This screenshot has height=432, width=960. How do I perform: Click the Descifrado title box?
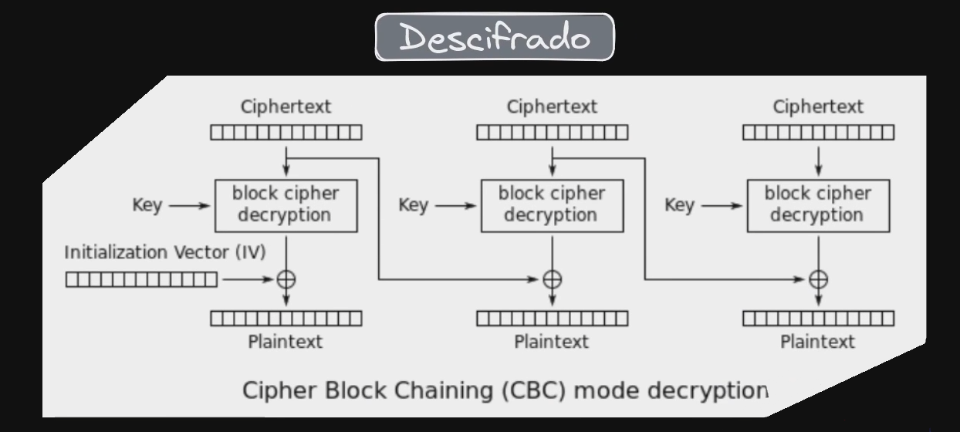click(x=495, y=37)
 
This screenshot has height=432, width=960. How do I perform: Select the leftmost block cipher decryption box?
click(x=286, y=205)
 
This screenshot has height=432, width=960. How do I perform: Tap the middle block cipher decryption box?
click(x=552, y=205)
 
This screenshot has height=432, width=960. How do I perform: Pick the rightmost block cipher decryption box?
click(x=818, y=205)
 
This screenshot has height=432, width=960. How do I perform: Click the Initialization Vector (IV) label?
click(x=165, y=253)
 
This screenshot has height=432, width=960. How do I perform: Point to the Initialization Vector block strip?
click(x=141, y=279)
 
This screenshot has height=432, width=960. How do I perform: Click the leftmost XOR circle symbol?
click(x=286, y=279)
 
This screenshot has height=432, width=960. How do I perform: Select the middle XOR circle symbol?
click(x=553, y=279)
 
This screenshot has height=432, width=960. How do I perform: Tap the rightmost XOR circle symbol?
click(x=819, y=279)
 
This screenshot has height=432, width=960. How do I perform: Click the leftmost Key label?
click(x=147, y=206)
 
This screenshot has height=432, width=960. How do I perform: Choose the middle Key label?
click(x=414, y=206)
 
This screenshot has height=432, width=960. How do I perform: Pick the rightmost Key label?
click(x=680, y=206)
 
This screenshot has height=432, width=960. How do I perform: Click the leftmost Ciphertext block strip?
click(x=286, y=133)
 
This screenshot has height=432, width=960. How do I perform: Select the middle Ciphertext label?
click(x=552, y=106)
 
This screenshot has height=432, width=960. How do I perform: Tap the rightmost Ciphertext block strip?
click(x=819, y=133)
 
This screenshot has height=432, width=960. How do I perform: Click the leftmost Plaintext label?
click(x=286, y=341)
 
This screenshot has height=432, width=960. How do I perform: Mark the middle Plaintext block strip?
click(x=552, y=318)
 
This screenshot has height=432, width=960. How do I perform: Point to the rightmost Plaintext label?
click(x=818, y=341)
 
